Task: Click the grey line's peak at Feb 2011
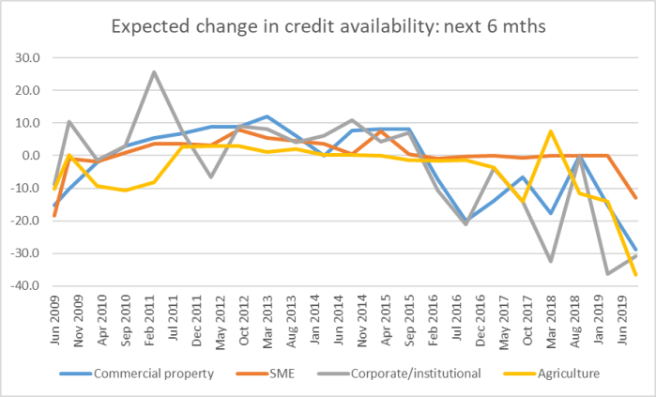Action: (x=154, y=72)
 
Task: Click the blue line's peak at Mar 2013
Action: (x=267, y=116)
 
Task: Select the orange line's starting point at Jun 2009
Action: (x=53, y=216)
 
